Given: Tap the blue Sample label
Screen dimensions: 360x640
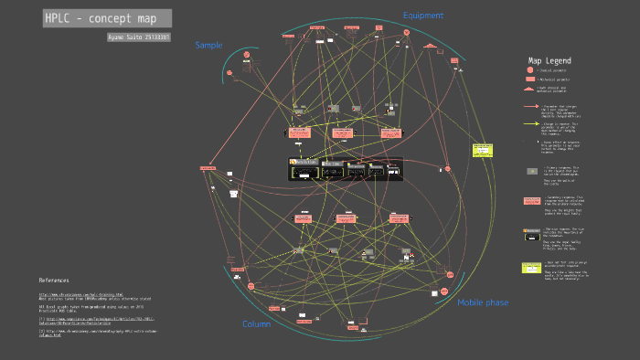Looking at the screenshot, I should (x=208, y=45).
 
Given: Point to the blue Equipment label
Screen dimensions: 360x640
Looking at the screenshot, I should (x=423, y=16).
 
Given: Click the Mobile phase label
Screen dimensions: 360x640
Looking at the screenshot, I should (x=483, y=302).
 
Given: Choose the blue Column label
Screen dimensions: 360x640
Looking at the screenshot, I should (x=256, y=324).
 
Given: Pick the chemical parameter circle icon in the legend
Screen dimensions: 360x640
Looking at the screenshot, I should (x=529, y=70).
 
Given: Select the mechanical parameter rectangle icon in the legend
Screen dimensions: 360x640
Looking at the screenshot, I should (x=529, y=79).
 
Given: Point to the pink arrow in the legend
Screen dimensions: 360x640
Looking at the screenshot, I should (x=530, y=106).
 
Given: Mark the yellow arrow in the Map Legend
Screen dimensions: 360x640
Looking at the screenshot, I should (x=530, y=124).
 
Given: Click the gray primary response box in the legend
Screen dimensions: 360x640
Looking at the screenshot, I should (x=531, y=171).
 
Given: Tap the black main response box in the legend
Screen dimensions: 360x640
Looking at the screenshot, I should (x=530, y=234).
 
